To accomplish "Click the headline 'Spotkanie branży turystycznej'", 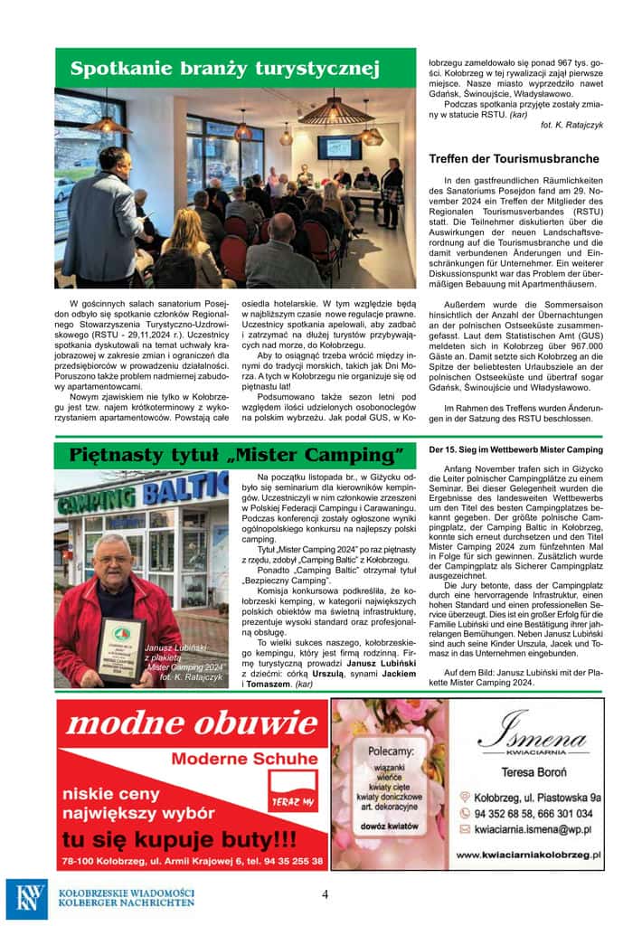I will [225, 69].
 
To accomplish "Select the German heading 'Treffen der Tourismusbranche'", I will [514, 159].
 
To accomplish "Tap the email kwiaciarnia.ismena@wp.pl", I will [537, 827].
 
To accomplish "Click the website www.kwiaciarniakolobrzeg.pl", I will [530, 853].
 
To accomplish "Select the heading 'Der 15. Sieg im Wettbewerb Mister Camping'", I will [515, 449].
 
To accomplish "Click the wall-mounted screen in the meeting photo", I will [338, 147].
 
